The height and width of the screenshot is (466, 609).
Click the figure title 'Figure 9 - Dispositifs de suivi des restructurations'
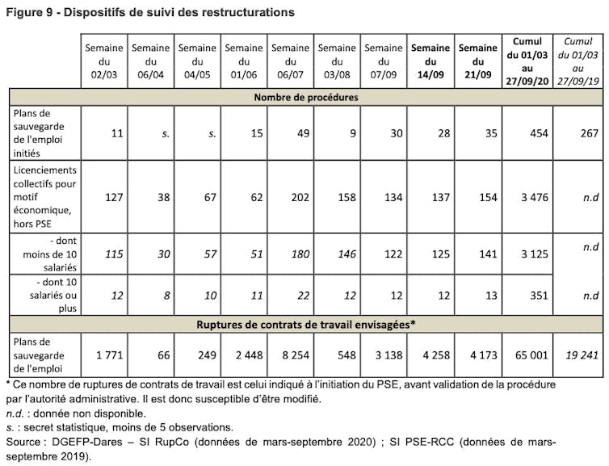(x=150, y=13)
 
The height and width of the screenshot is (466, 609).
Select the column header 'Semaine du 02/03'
(x=104, y=61)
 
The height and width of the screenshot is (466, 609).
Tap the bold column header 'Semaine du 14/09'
(x=430, y=61)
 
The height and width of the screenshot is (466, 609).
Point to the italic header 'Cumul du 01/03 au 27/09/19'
(x=578, y=61)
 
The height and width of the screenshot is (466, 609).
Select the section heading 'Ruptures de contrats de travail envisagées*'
(x=305, y=325)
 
